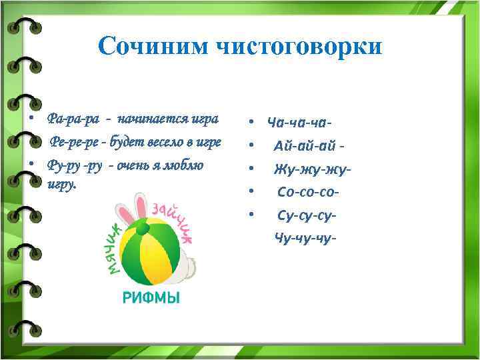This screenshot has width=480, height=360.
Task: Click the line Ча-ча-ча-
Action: [x=300, y=123]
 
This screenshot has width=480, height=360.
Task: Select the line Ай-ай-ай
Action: [x=309, y=146]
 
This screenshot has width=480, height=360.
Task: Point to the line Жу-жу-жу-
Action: [x=311, y=169]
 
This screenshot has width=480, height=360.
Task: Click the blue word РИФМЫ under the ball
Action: [x=151, y=298]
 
